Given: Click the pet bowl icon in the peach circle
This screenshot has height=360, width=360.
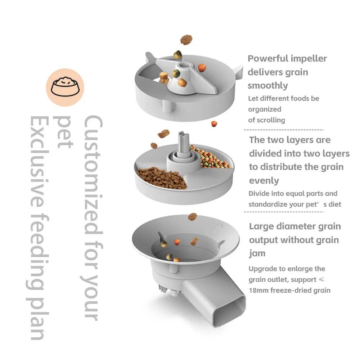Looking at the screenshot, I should click(65, 87).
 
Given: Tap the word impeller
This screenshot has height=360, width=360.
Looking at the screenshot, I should click(309, 59).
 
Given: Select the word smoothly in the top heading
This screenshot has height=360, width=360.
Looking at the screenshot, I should click(267, 86).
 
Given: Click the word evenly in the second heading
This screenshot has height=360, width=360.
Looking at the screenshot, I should click(264, 181).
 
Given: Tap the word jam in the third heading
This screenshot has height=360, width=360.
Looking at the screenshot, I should click(257, 253).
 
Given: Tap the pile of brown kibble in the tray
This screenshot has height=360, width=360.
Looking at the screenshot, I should click(162, 178).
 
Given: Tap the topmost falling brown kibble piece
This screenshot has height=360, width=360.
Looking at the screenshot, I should click(186, 40).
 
